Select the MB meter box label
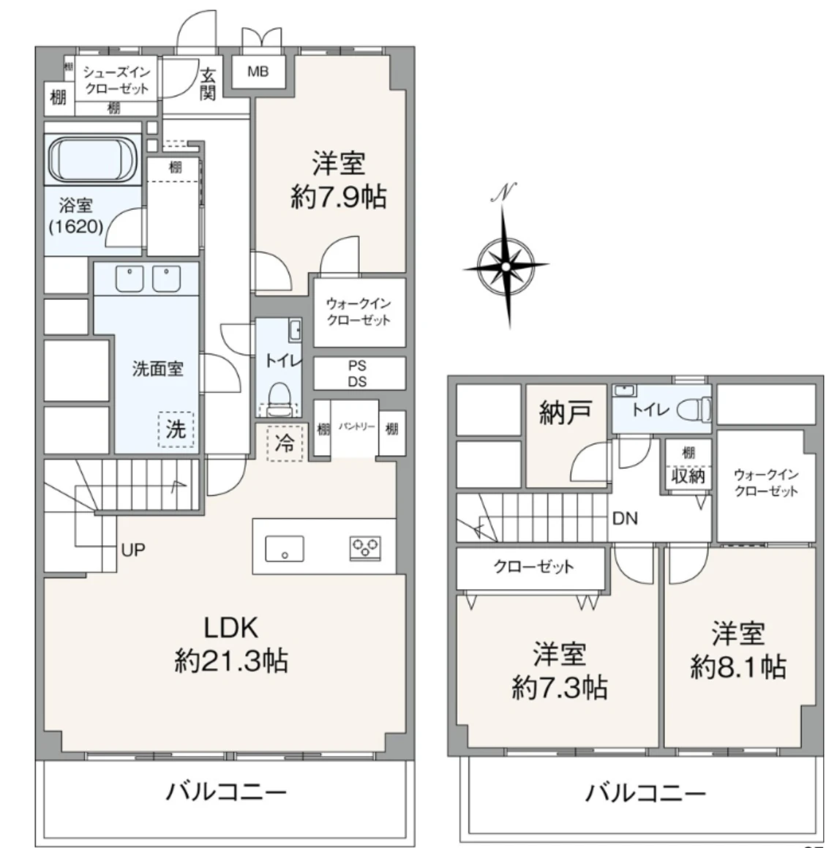258,72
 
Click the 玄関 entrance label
209,83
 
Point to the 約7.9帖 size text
338,198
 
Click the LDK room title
230,627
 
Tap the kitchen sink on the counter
285,548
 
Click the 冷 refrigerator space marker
284,443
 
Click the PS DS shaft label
358,374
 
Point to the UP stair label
133,549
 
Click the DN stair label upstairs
624,519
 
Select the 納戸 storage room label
565,414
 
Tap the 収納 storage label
688,476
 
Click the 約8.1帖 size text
737,667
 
